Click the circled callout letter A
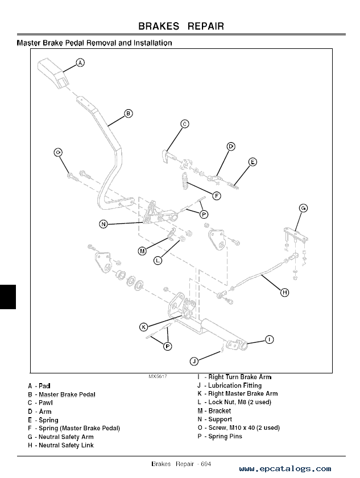[80, 63]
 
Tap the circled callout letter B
[129, 114]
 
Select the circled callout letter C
[185, 123]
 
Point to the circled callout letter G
[303, 209]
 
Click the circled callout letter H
[284, 293]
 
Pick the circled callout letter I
[269, 339]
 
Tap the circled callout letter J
[193, 361]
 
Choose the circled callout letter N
[103, 224]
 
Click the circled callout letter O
[58, 152]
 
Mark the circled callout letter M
[142, 251]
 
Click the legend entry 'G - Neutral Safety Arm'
[61, 437]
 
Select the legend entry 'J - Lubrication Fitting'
[229, 385]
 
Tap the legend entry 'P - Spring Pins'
[220, 437]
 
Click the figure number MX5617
[158, 377]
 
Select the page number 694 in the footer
[205, 464]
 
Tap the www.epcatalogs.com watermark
[285, 469]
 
